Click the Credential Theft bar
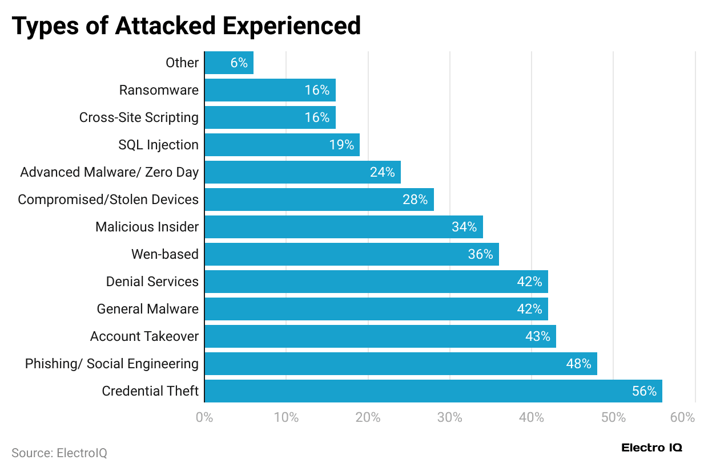coord(433,391)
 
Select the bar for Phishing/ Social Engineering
coord(400,364)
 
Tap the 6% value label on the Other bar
coord(239,63)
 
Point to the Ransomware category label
coord(159,90)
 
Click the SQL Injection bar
coord(281,145)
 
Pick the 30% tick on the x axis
coord(450,417)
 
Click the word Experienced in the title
coord(291,26)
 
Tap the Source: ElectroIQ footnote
coord(59,453)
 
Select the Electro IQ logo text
coord(651,447)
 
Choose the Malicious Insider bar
coord(343,227)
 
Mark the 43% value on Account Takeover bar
coord(537,336)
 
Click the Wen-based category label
coord(165,254)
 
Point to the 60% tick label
coord(683,417)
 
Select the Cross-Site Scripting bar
coord(269,117)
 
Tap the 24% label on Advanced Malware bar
coord(382,172)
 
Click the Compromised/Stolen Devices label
coord(108,200)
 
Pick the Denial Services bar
coord(376,282)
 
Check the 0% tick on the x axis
coord(204,417)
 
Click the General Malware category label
coord(148,309)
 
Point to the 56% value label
coord(644,391)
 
